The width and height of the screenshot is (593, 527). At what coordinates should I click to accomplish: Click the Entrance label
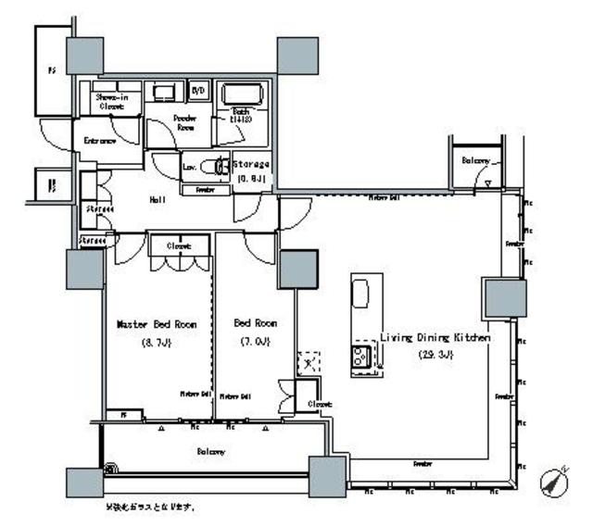click(x=100, y=141)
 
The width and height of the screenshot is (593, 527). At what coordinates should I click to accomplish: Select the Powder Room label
click(x=187, y=123)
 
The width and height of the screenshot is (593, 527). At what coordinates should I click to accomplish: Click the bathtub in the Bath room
click(x=244, y=96)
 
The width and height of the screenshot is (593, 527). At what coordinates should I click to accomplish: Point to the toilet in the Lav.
click(x=221, y=168)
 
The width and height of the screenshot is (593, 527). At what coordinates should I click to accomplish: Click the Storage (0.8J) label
click(x=252, y=171)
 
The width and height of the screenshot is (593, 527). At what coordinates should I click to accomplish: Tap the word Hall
click(x=157, y=199)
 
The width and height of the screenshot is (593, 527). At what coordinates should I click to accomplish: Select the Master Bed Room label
click(x=157, y=325)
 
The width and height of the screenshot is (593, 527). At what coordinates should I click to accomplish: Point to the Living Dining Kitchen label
click(x=435, y=339)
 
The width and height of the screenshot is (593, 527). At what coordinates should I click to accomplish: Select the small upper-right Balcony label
click(x=475, y=160)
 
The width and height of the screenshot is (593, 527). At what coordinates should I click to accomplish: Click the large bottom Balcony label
click(x=211, y=451)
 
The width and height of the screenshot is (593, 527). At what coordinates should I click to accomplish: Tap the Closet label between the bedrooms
click(x=179, y=246)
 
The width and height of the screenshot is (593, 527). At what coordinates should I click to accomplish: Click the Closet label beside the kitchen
click(x=320, y=404)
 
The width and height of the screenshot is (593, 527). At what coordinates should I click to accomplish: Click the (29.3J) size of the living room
click(x=435, y=355)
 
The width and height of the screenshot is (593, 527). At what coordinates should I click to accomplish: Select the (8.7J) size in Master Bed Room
click(x=157, y=342)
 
